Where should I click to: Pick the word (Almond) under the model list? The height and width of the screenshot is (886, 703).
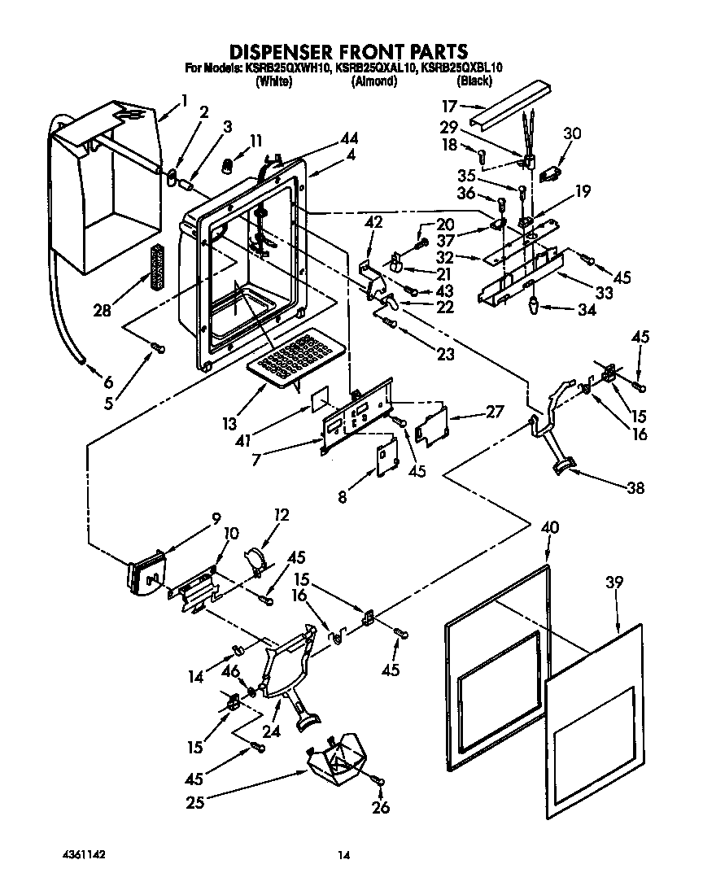pyautogui.click(x=373, y=81)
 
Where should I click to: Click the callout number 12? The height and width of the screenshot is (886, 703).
pyautogui.click(x=282, y=514)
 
